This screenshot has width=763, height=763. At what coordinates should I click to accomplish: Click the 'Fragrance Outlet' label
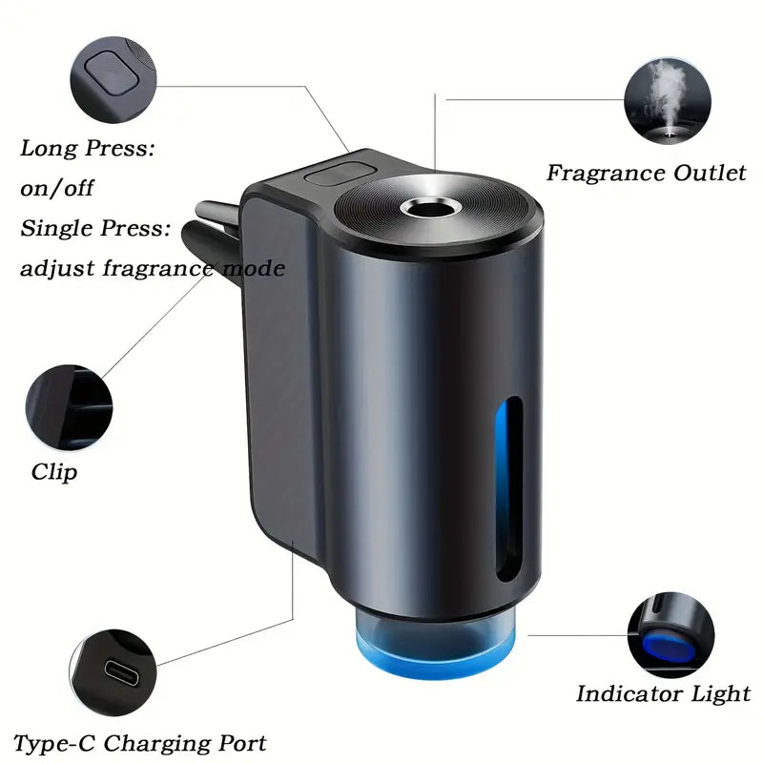pyautogui.click(x=646, y=173)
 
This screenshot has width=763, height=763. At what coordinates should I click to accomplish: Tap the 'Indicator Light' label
pyautogui.click(x=663, y=693)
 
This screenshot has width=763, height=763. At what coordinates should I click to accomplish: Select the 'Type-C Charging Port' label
pyautogui.click(x=140, y=742)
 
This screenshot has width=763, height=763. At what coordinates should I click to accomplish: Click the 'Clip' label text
pyautogui.click(x=54, y=471)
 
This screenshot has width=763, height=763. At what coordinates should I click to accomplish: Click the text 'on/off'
pyautogui.click(x=57, y=188)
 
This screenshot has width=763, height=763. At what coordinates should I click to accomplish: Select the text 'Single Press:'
pyautogui.click(x=95, y=229)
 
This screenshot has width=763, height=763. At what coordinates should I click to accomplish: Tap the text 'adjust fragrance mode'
pyautogui.click(x=153, y=269)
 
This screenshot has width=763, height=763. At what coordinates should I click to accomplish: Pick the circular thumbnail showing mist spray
pyautogui.click(x=667, y=98)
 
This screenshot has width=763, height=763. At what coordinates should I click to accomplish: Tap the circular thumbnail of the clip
pyautogui.click(x=69, y=407)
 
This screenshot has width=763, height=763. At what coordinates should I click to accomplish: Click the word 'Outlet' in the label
pyautogui.click(x=707, y=173)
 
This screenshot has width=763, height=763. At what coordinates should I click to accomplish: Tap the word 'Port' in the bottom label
pyautogui.click(x=240, y=742)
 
